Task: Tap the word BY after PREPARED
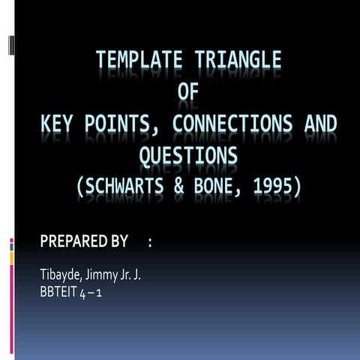[x=118, y=241]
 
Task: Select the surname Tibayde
[x=61, y=275]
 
